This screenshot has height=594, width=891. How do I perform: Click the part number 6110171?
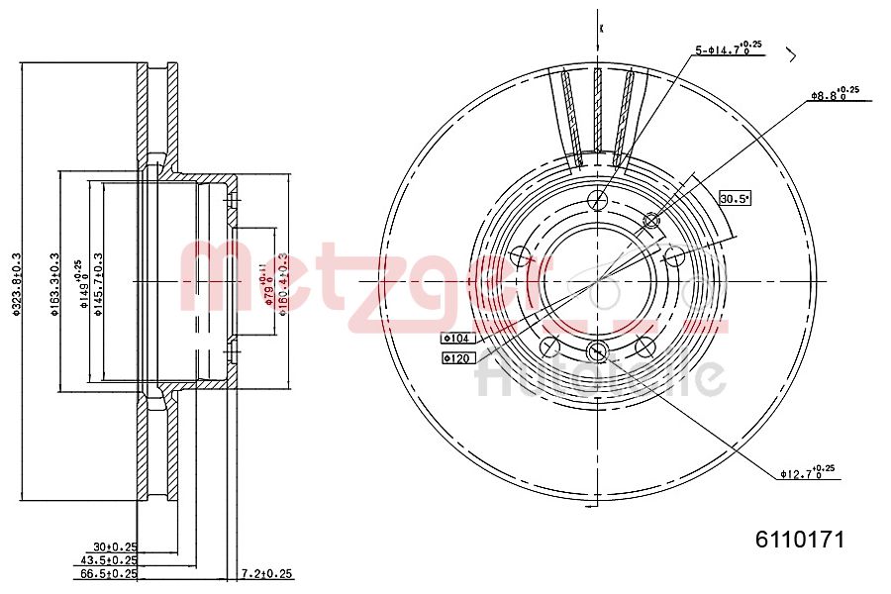click(799, 540)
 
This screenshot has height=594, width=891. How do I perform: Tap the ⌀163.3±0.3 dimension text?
click(54, 285)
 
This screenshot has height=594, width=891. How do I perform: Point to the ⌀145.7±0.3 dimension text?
click(99, 282)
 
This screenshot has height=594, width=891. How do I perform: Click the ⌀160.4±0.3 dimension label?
click(282, 282)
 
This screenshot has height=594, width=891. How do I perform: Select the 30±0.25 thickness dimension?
click(115, 545)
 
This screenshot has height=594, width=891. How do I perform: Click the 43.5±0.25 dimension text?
click(109, 559)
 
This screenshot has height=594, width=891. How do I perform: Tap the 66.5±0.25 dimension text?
click(109, 573)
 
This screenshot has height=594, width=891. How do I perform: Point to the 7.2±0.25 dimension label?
click(267, 573)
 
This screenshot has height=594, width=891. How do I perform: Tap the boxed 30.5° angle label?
click(735, 198)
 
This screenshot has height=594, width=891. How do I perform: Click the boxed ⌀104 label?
click(458, 338)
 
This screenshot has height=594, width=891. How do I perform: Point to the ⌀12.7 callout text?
click(807, 473)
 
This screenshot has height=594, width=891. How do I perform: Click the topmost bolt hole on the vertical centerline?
click(597, 199)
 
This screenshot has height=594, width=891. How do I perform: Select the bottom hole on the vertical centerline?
click(597, 351)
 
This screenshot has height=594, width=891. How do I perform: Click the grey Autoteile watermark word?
click(601, 375)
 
